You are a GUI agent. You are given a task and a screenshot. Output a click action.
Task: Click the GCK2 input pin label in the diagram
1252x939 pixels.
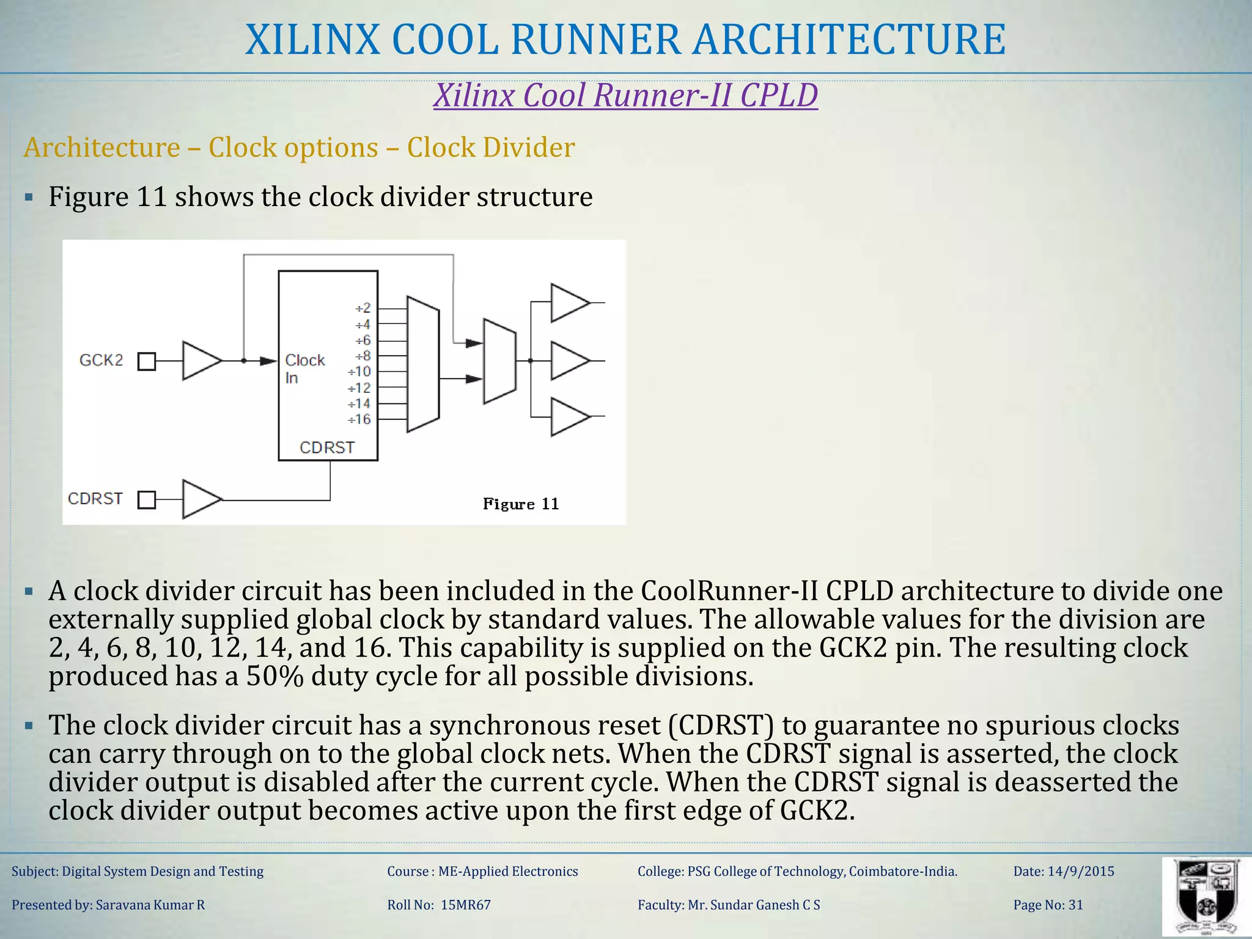point(101,360)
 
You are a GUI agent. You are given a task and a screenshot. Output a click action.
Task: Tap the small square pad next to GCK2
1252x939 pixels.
point(147,361)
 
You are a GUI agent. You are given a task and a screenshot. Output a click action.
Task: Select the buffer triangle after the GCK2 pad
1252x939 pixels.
point(199,361)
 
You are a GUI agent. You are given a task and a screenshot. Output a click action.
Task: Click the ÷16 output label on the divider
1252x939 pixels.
point(359,419)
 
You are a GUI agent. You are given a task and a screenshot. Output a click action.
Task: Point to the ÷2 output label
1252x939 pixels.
point(363,308)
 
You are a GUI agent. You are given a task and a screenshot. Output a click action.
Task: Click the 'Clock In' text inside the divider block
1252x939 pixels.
point(304,369)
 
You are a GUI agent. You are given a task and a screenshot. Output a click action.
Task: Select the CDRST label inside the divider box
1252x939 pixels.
point(327,447)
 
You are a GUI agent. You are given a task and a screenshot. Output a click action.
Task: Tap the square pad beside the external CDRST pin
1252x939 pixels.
point(147,500)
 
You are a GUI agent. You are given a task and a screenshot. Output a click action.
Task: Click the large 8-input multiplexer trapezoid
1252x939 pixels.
point(423,364)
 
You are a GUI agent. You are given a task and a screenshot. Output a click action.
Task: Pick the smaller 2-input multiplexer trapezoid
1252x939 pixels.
point(499,361)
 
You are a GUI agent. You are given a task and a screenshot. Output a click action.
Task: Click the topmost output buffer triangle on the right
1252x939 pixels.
point(568,303)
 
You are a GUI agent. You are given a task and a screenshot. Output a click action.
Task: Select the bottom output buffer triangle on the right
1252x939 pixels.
point(568,417)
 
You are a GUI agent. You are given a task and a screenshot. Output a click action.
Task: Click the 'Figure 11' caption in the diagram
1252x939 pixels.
point(521,504)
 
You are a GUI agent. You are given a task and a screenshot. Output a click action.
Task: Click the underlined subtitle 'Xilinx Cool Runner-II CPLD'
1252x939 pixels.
point(625,95)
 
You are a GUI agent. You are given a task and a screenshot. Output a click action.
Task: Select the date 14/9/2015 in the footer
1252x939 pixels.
point(1081,871)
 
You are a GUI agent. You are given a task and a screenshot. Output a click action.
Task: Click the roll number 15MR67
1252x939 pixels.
point(465,905)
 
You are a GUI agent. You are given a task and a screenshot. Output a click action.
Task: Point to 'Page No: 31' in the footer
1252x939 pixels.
point(1048,905)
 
